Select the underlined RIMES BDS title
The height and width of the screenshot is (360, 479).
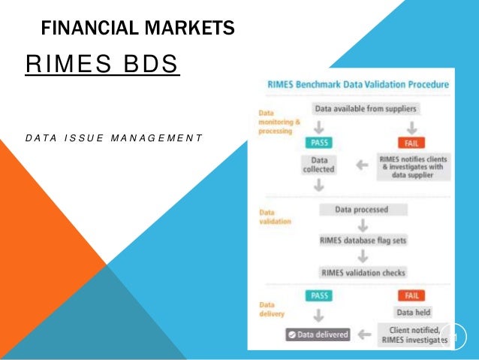(102, 65)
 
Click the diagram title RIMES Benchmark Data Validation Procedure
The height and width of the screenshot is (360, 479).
(358, 84)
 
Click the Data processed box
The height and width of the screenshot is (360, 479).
(361, 210)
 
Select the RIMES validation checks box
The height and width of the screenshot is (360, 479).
(361, 272)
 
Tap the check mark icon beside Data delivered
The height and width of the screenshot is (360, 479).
(291, 335)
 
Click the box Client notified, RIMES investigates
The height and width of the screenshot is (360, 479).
(410, 334)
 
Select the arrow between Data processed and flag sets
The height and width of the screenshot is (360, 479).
(361, 225)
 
